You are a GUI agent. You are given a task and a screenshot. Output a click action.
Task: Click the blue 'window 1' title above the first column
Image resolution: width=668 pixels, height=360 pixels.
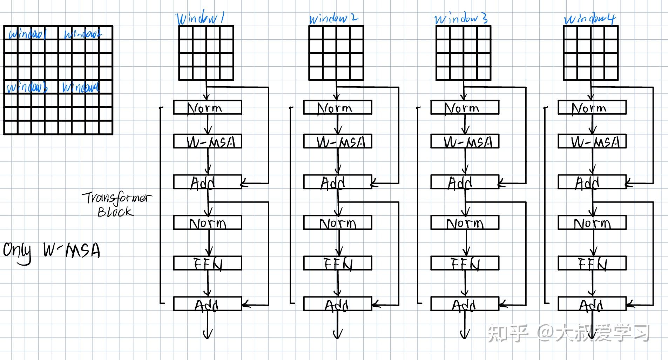coord(200,18)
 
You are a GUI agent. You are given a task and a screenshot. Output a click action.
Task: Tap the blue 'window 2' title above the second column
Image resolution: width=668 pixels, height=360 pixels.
coord(333,18)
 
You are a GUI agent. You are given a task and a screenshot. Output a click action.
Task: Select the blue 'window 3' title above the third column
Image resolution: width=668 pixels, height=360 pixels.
coord(461,18)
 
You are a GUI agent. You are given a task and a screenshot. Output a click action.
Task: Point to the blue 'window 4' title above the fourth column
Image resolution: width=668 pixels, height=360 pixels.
coord(589,19)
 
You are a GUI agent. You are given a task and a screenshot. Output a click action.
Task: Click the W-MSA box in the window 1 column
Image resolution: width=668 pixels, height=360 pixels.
coord(208,141)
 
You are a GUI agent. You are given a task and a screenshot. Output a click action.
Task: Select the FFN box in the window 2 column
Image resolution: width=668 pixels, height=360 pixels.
coord(338,263)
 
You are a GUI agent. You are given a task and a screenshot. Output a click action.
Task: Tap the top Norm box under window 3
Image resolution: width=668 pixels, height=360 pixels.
coord(465,108)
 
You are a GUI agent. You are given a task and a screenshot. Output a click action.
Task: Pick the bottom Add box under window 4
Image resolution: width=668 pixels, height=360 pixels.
coord(592,304)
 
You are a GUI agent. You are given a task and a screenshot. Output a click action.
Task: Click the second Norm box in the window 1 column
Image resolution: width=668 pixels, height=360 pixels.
coord(208,223)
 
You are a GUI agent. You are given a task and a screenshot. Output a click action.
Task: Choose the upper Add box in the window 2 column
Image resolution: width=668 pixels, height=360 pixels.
coord(338,182)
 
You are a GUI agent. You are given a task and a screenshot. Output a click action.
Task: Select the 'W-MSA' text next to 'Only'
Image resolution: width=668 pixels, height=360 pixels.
coord(72,251)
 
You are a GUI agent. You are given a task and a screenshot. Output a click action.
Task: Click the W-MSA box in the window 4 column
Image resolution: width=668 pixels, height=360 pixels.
coord(592,141)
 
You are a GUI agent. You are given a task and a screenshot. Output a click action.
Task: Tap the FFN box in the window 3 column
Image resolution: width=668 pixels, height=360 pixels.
coord(465,263)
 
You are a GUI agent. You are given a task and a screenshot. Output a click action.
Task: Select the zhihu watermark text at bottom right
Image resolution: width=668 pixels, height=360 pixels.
coord(568,333)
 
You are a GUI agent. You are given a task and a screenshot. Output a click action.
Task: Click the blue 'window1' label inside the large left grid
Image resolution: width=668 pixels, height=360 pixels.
coord(27,34)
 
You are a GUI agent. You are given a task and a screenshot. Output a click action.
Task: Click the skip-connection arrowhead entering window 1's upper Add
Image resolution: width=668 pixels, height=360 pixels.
coord(244,183)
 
